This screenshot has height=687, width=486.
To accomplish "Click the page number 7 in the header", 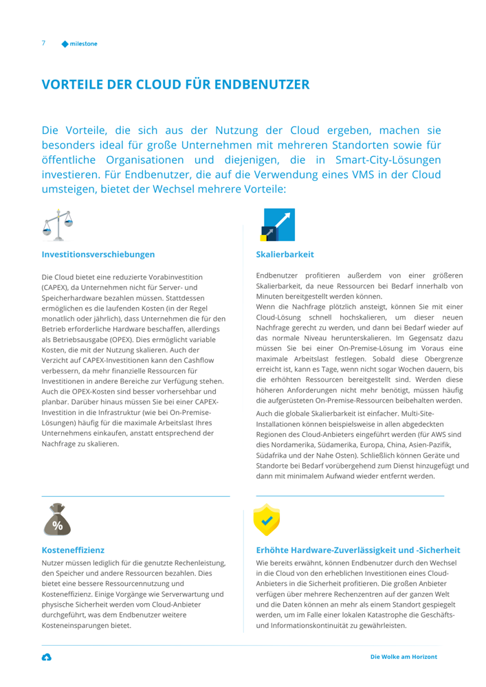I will (x=43, y=43).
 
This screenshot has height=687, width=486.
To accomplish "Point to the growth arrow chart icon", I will (x=278, y=225).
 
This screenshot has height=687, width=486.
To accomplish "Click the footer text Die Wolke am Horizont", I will (x=404, y=657).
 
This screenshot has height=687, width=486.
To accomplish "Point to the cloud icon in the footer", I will (x=46, y=657).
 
